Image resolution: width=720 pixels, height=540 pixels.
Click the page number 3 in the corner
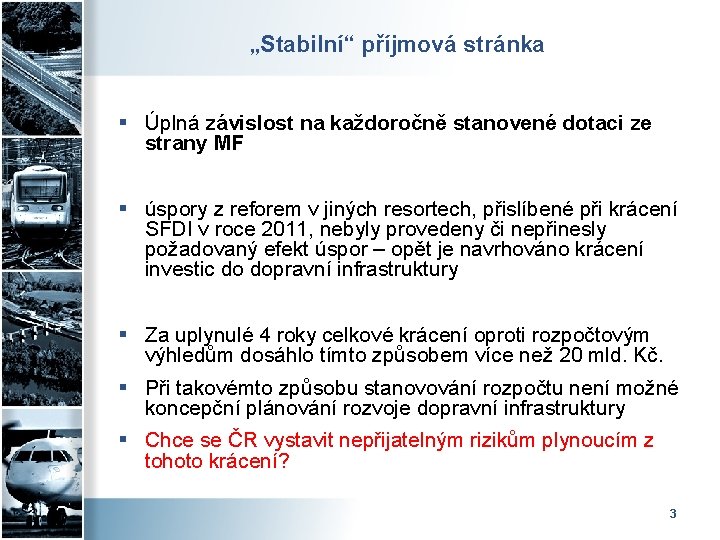[672, 513]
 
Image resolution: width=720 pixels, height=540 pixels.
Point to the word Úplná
[172, 123]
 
